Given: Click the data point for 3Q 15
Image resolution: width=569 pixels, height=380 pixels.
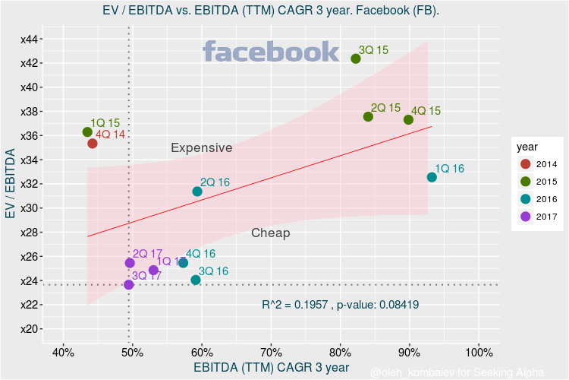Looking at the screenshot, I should point(356,59).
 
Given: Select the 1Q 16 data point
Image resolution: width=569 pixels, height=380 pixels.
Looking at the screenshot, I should point(432,177).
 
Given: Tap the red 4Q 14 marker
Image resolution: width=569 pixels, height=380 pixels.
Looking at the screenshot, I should point(93,144).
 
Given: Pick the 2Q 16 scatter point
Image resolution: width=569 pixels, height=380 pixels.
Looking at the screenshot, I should point(197,192).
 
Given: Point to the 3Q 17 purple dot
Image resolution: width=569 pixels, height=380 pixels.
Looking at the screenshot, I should point(128,285).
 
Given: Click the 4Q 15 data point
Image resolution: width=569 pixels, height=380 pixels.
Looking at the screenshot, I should point(409,119).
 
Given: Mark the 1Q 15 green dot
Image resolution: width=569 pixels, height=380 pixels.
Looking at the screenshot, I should point(87,132).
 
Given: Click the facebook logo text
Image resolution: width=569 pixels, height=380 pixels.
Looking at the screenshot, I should point(271,52).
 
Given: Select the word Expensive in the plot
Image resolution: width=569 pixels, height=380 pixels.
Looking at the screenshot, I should point(201,148).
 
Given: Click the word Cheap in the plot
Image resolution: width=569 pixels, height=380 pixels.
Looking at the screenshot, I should point(271,233).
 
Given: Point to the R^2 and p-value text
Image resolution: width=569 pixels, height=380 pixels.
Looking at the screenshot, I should point(340,305).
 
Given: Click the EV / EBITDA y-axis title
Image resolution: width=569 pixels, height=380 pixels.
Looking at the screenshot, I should point(11,185).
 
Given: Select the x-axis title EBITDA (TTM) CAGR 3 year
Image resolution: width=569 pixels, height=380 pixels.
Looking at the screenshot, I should point(271,368).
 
